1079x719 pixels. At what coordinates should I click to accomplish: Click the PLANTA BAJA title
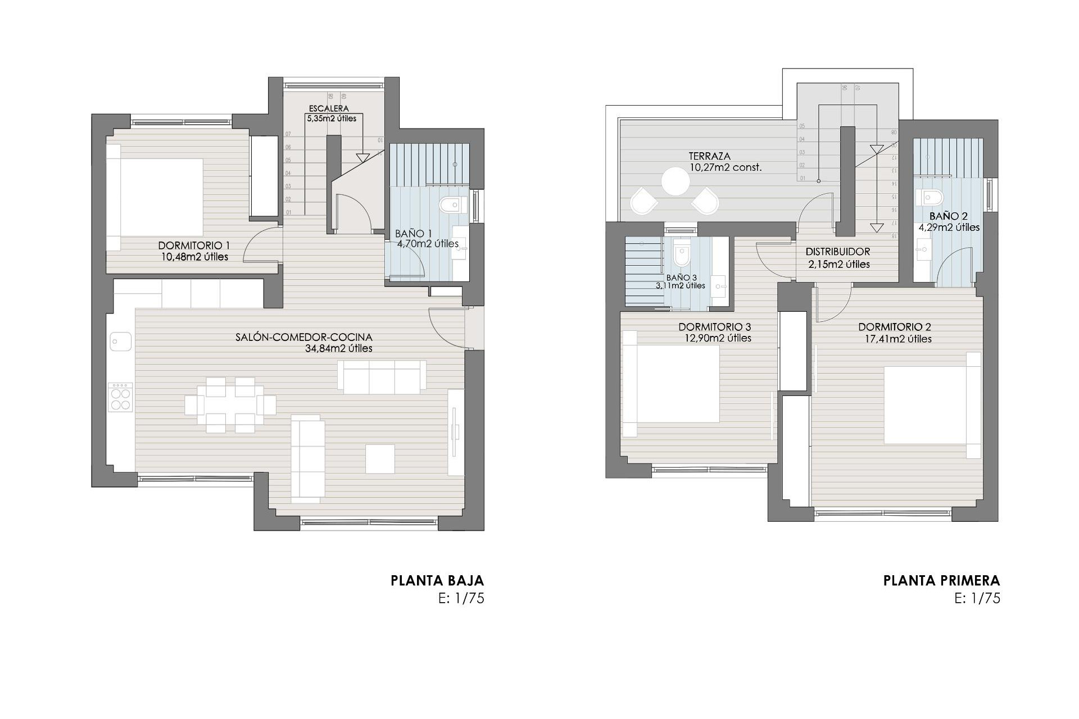point(437,580)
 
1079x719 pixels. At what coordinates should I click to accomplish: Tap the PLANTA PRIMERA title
point(941,580)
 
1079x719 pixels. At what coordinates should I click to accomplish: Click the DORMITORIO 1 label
point(194,245)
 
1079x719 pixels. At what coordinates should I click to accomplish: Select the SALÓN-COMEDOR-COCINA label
point(304,337)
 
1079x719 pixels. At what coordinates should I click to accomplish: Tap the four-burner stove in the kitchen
point(120,398)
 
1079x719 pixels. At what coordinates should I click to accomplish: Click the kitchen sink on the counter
point(120,341)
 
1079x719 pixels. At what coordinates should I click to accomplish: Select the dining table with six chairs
point(230,404)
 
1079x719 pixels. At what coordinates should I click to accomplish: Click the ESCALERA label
point(329,108)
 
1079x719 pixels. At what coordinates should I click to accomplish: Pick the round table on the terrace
point(675,181)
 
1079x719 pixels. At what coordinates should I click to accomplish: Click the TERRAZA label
point(710,156)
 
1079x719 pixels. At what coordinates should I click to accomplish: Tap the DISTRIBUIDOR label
point(837,252)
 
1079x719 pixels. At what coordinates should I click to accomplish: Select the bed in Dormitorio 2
point(932,406)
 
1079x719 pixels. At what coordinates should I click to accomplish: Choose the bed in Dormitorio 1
point(156,197)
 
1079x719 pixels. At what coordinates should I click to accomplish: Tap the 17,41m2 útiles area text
point(898,339)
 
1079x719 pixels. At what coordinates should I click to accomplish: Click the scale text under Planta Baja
point(461,598)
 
